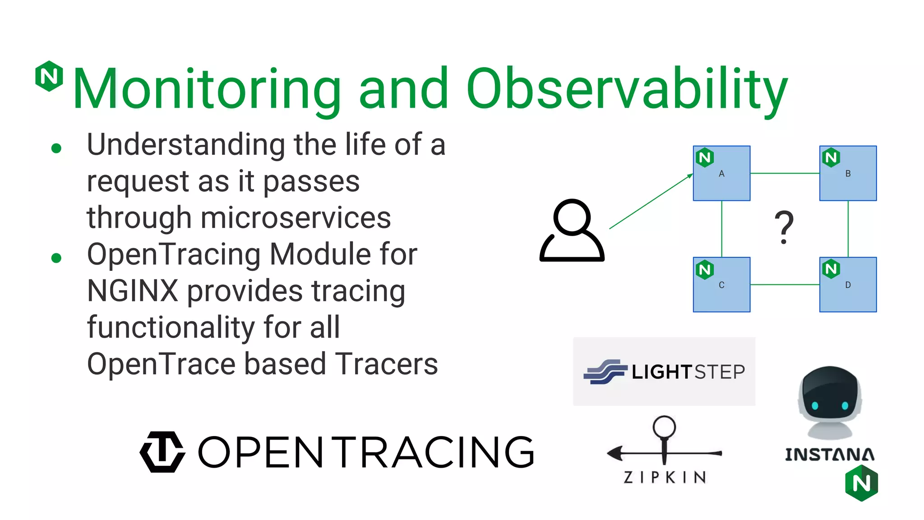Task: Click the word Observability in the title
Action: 627,89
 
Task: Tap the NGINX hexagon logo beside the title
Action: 49,76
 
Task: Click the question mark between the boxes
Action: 784,227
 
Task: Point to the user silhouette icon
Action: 572,230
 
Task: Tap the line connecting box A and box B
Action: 785,173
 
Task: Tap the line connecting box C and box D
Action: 785,284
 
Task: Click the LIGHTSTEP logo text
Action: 688,372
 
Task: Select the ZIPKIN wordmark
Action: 665,477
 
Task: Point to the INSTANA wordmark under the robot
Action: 829,455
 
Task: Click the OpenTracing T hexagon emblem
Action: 162,452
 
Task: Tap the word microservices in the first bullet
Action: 296,218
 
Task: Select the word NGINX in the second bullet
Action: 133,291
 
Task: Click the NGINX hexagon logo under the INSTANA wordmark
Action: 861,483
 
